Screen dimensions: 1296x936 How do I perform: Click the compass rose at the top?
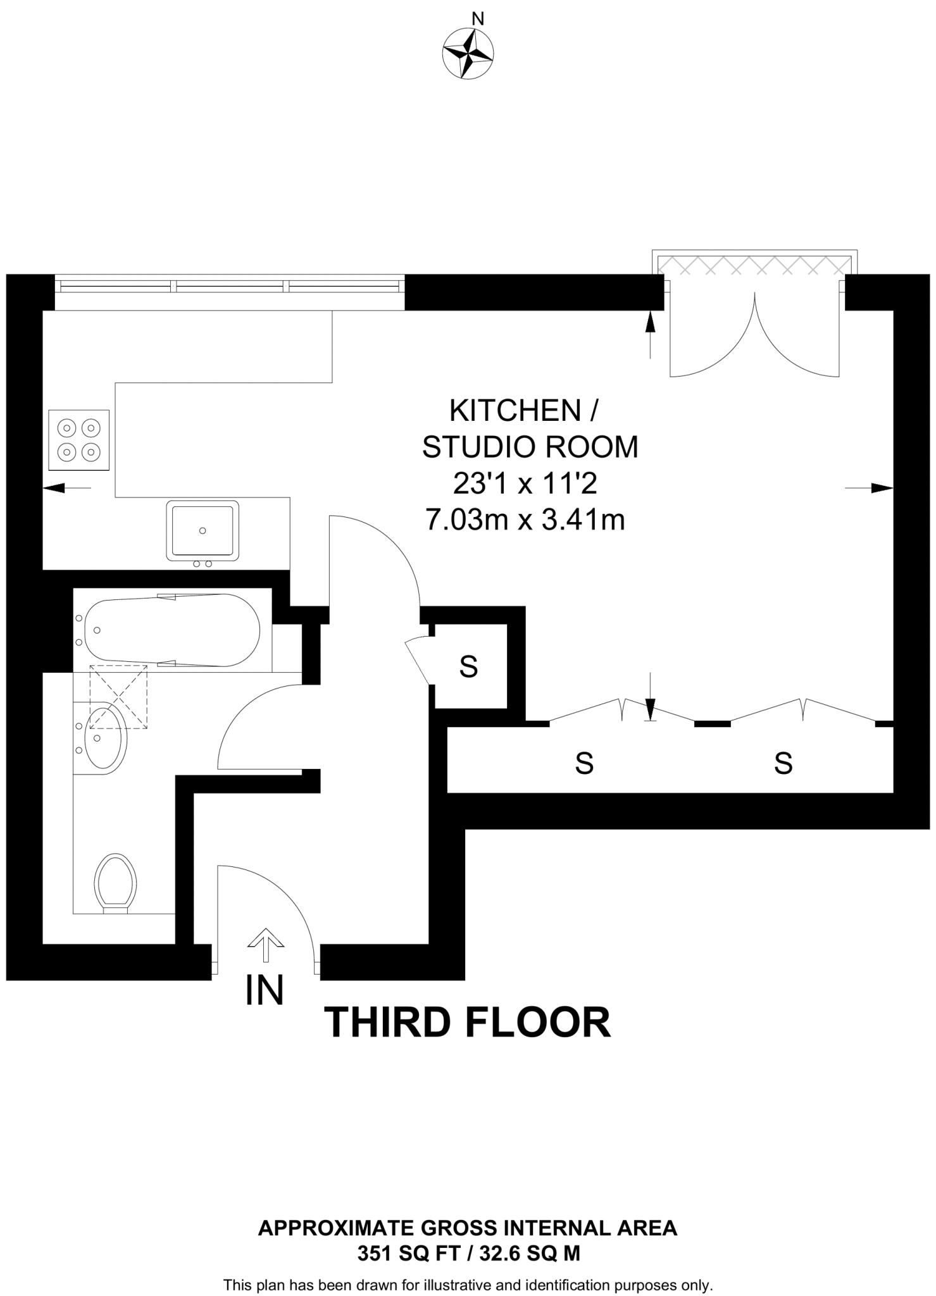[468, 54]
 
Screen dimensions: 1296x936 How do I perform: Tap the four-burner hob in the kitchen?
[79, 440]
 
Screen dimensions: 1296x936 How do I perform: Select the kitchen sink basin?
[203, 530]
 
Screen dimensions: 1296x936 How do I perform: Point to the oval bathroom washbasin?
[106, 738]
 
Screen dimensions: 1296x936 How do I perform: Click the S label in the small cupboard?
[468, 666]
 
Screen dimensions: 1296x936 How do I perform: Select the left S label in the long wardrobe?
[583, 763]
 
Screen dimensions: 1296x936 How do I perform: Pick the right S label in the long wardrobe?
[783, 763]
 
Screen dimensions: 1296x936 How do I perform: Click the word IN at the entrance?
[265, 990]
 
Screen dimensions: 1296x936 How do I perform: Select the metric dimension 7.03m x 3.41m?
[525, 520]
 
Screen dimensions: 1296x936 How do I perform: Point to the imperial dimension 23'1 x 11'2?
[525, 484]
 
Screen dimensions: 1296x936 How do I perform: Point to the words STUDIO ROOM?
[530, 447]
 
